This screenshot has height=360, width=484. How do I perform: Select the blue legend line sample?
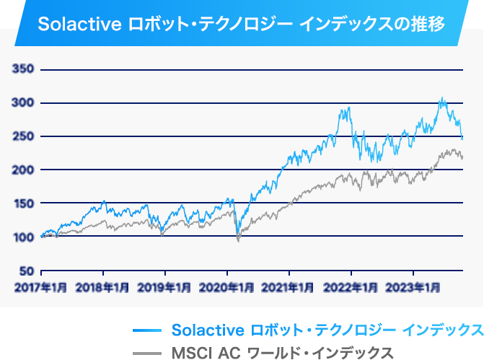click(x=147, y=330)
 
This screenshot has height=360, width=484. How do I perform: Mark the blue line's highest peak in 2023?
click(x=442, y=98)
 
